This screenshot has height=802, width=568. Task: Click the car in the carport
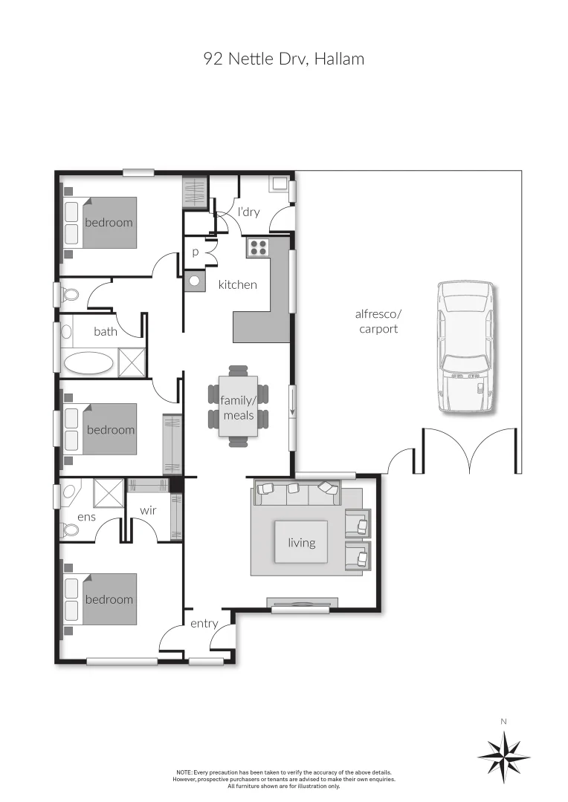tap(465, 346)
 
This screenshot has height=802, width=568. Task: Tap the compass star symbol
tap(503, 757)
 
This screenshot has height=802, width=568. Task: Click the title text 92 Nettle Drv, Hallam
tap(284, 59)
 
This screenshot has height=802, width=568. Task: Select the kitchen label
tap(237, 284)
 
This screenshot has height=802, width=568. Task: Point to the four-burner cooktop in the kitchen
tap(259, 247)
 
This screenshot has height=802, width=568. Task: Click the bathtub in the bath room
tap(88, 363)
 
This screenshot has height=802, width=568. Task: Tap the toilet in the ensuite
tap(70, 529)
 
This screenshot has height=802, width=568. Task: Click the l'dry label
tap(248, 212)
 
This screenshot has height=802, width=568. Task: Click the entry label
tap(204, 623)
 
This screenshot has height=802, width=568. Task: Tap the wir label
tap(147, 511)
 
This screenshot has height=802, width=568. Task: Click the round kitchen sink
tap(195, 281)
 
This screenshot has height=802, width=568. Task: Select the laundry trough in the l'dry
tap(280, 183)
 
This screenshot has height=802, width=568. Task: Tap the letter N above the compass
tap(503, 721)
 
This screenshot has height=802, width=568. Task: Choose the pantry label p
tap(196, 252)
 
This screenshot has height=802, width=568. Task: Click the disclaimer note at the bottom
tap(284, 779)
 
